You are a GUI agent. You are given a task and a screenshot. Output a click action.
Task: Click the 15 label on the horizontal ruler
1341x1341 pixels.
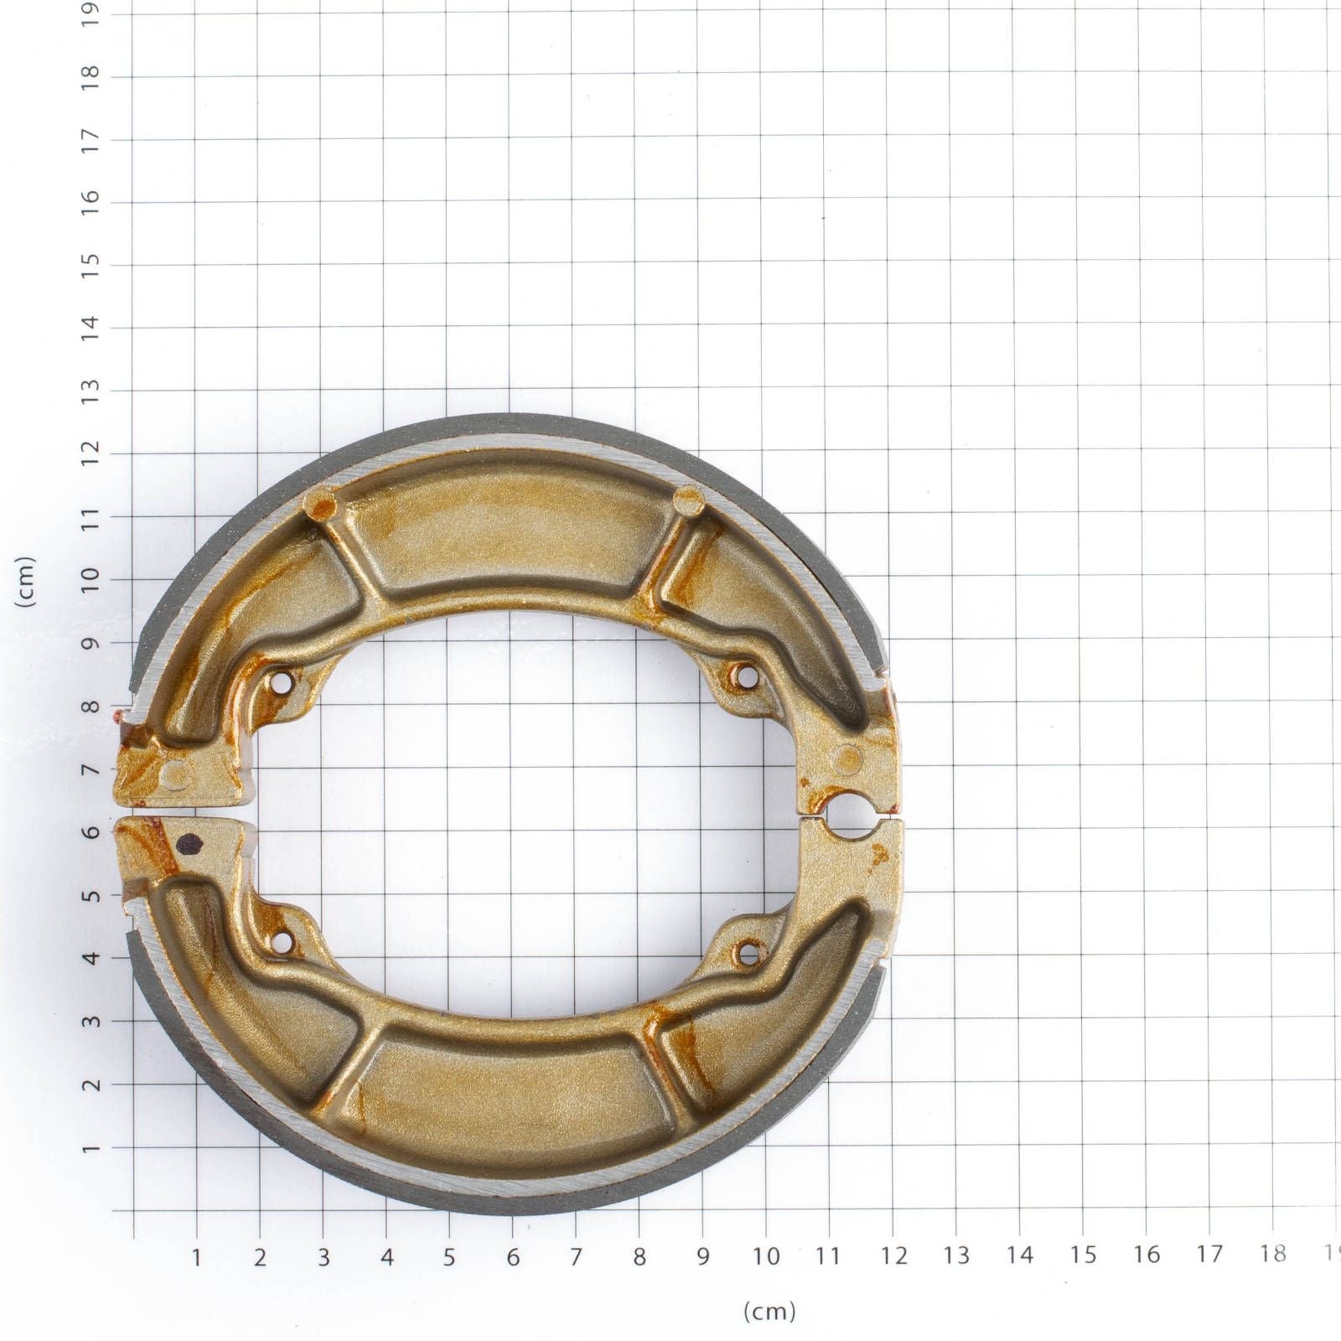1083,1255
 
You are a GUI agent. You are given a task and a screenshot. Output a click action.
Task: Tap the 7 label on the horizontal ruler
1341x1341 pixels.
576,1257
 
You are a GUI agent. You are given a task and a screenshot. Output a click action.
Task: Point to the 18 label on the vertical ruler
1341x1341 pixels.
91,72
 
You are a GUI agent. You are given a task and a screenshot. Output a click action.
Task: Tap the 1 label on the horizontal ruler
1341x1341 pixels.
196,1257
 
